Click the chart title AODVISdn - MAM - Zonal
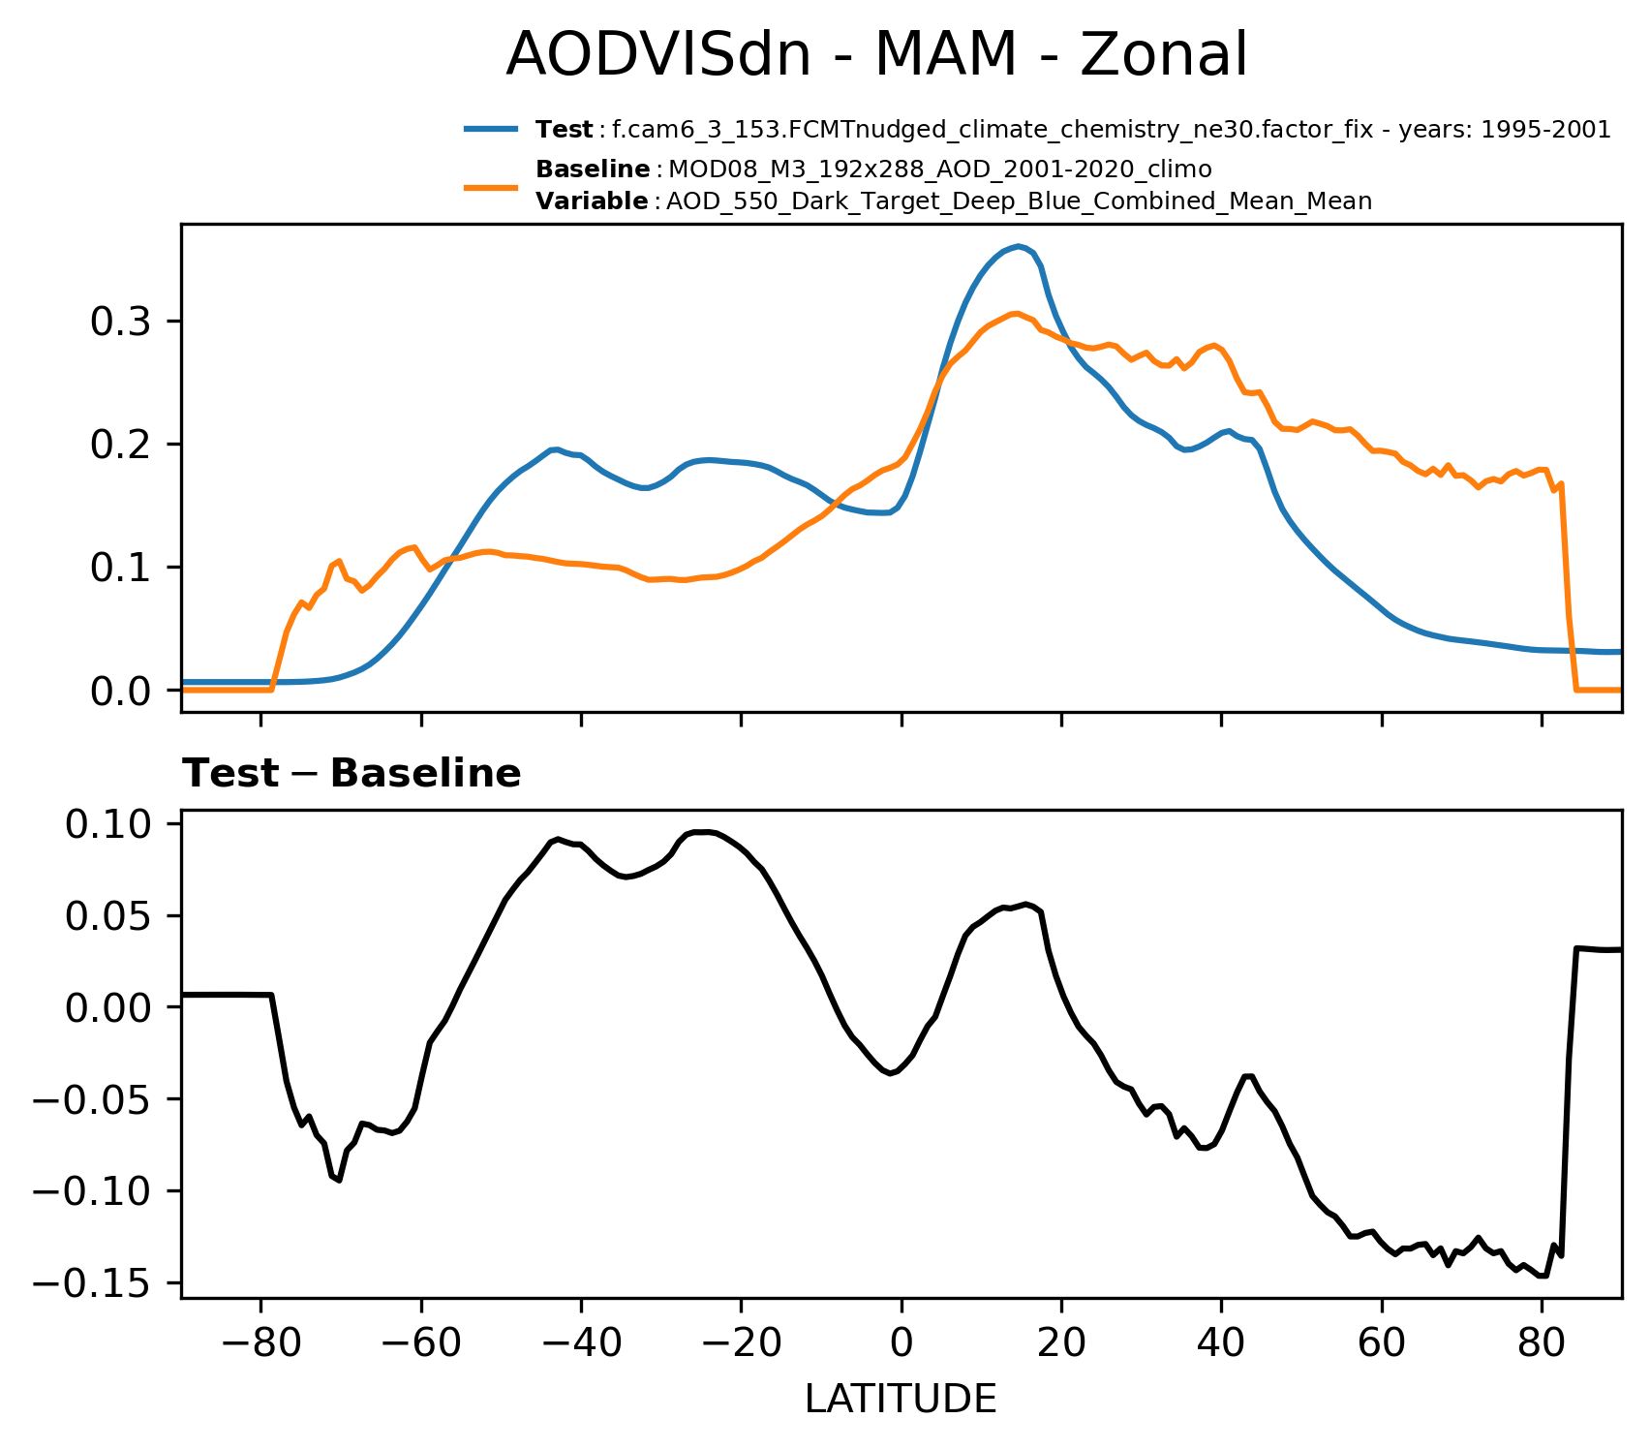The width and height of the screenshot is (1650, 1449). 876,55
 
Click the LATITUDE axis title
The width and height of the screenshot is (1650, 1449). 901,1400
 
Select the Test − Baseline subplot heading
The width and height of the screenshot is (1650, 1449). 351,774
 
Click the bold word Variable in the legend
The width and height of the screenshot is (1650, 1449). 592,201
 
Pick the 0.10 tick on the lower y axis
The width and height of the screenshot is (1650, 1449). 108,824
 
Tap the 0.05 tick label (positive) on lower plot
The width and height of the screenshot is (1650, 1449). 108,916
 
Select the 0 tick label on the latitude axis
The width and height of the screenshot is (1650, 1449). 901,1346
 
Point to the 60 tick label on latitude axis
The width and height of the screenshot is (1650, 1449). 1382,1346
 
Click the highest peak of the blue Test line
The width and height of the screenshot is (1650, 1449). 1018,246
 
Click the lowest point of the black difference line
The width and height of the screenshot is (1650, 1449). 1542,1276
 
